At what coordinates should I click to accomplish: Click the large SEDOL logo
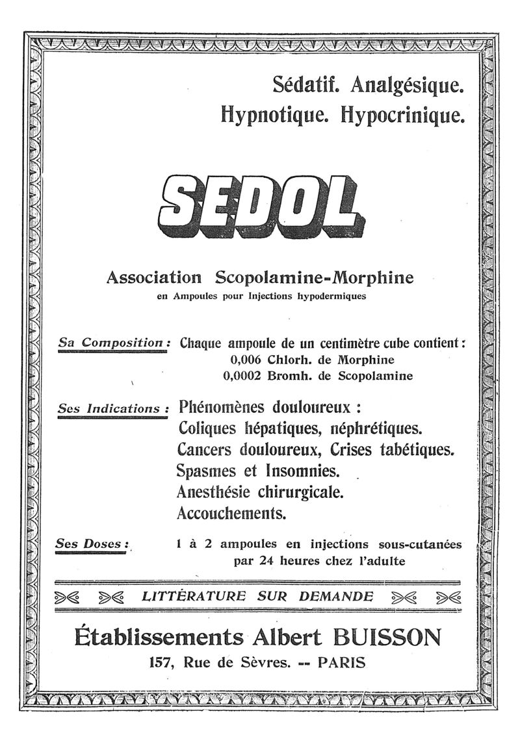260,207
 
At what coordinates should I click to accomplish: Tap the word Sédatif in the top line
305,85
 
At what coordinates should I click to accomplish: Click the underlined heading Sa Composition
114,342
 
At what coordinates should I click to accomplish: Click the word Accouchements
232,513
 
